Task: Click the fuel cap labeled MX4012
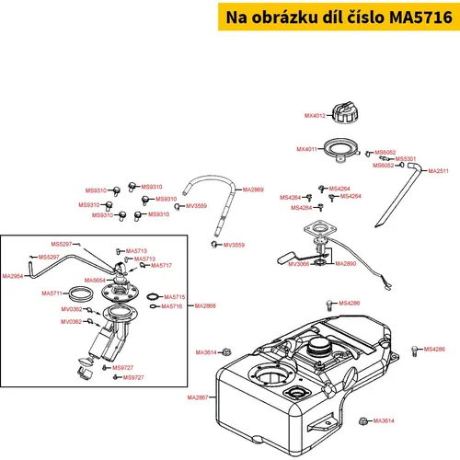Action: pyautogui.click(x=346, y=113)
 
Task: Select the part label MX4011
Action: pyautogui.click(x=306, y=149)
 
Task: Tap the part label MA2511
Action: pyautogui.click(x=438, y=171)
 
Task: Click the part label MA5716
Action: pyautogui.click(x=172, y=306)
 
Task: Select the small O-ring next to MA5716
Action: pyautogui.click(x=153, y=306)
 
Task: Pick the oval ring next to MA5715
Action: pyautogui.click(x=154, y=296)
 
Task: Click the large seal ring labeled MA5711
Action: pyautogui.click(x=81, y=293)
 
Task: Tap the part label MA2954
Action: pyautogui.click(x=13, y=276)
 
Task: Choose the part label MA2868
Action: pyautogui.click(x=205, y=305)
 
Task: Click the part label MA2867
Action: pyautogui.click(x=198, y=397)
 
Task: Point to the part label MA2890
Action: pyautogui.click(x=346, y=263)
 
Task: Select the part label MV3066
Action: pyautogui.click(x=299, y=264)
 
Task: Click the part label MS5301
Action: pyautogui.click(x=406, y=158)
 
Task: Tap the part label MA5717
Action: pyautogui.click(x=161, y=265)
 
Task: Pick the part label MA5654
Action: pyautogui.click(x=95, y=280)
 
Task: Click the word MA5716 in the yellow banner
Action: pyautogui.click(x=420, y=17)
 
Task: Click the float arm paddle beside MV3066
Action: pyautogui.click(x=286, y=258)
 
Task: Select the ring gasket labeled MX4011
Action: pyautogui.click(x=341, y=149)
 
